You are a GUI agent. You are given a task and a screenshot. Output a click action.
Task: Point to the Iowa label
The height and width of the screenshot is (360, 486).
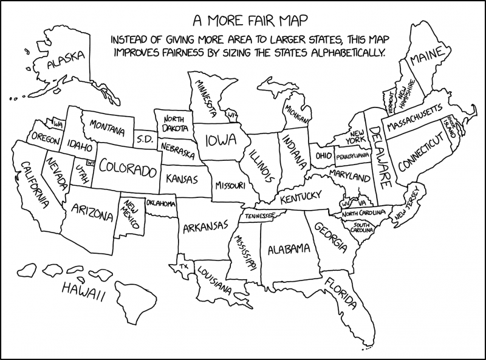click(x=220, y=141)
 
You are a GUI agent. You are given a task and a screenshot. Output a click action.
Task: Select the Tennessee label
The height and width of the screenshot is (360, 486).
click(x=259, y=214)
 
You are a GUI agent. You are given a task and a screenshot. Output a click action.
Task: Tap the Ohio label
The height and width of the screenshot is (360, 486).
click(x=323, y=156)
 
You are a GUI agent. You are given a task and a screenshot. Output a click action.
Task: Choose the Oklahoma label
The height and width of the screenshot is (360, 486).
click(x=160, y=203)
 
